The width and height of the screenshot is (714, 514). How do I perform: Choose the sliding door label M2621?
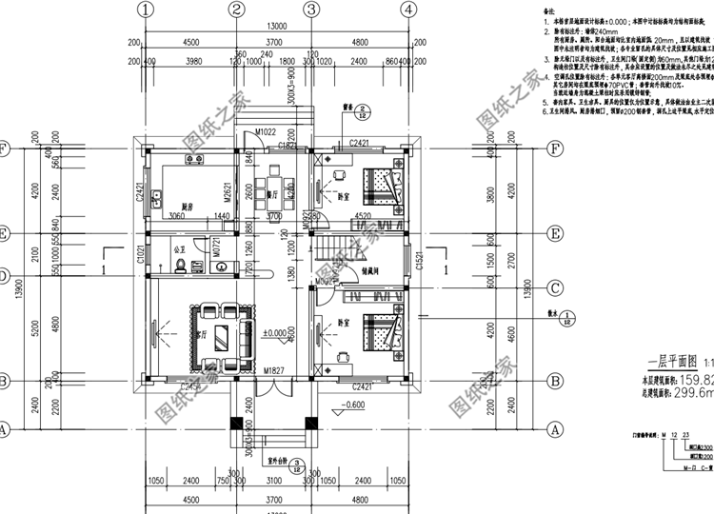[228, 192]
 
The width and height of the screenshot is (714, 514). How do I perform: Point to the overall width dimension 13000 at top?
[277, 27]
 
